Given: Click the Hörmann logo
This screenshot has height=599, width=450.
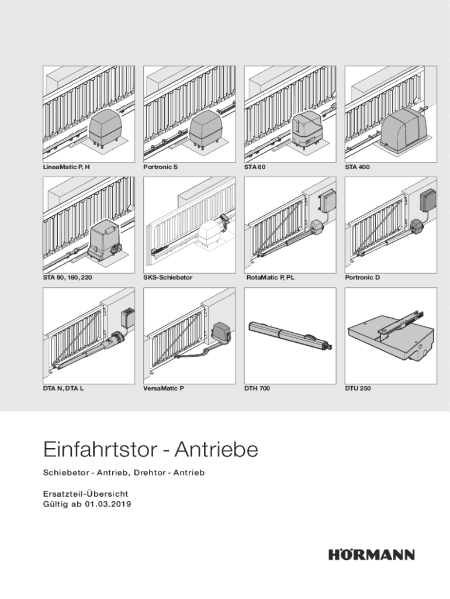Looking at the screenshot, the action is point(371,554).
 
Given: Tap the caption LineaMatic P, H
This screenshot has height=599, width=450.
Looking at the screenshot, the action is point(67,167).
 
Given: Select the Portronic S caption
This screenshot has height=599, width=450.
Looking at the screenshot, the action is point(160,167).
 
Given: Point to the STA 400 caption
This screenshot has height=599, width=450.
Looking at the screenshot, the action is point(357,167).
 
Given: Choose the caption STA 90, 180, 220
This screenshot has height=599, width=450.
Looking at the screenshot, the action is point(67,277).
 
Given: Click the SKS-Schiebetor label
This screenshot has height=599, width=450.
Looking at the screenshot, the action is point(168,277).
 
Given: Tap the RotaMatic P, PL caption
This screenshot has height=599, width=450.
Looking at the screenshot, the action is point(270,277).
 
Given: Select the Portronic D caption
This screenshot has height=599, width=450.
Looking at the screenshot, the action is point(362,277).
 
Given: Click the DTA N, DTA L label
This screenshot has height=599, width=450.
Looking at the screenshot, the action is point(63,388).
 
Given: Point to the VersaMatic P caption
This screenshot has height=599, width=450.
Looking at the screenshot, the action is point(164,388).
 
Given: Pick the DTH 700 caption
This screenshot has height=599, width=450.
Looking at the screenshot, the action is point(257,388).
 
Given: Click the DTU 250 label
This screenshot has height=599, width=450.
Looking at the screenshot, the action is point(358,388).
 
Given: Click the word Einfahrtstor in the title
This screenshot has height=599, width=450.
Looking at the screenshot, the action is point(101,449).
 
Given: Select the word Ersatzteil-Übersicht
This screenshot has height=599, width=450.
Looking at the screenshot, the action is point(85,494).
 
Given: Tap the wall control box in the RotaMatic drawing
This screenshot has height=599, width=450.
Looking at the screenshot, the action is point(328,201).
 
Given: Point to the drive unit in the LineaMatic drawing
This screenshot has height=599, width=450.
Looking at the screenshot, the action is point(105,126).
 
